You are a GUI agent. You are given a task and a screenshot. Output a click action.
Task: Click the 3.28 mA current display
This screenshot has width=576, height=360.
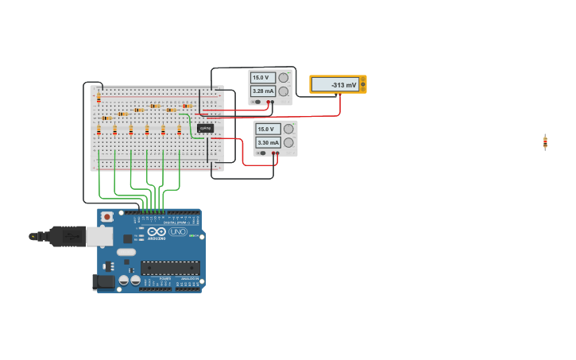pyautogui.click(x=263, y=91)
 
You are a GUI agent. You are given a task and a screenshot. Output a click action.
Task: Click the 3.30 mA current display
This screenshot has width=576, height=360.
pyautogui.click(x=269, y=143)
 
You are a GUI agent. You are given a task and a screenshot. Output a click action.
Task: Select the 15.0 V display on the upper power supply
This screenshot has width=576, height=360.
pyautogui.click(x=263, y=78)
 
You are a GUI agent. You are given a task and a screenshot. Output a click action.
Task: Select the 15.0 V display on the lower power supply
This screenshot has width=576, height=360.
pyautogui.click(x=269, y=129)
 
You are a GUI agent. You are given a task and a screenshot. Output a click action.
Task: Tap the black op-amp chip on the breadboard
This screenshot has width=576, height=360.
pyautogui.click(x=205, y=128)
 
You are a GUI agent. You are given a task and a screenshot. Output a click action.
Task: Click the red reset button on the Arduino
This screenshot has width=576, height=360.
pyautogui.click(x=106, y=216)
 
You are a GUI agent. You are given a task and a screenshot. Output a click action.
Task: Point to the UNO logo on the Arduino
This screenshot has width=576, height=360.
pyautogui.click(x=177, y=231)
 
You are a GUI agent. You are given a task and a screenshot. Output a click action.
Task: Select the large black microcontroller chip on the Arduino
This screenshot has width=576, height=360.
pyautogui.click(x=170, y=268)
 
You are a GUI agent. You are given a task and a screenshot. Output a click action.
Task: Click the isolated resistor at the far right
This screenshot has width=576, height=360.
pyautogui.click(x=545, y=142)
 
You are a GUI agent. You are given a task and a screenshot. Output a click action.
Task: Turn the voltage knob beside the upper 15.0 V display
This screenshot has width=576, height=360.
pyautogui.click(x=283, y=78)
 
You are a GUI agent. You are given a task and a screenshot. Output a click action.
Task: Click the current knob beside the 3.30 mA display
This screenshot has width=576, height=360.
pyautogui.click(x=288, y=143)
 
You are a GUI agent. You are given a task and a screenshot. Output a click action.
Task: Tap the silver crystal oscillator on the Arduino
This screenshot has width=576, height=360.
pyautogui.click(x=126, y=253)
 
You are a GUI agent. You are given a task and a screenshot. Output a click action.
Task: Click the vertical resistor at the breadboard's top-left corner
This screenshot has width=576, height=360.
pyautogui.click(x=99, y=98)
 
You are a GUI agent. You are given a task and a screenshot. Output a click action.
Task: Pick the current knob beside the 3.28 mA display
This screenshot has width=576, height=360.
pyautogui.click(x=283, y=91)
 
